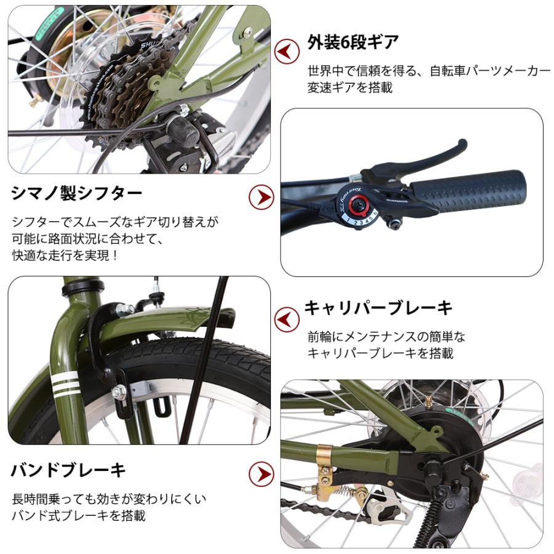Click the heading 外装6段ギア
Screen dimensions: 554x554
tap(353, 42)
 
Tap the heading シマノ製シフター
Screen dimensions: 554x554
tap(77, 193)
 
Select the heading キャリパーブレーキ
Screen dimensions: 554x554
tap(379, 307)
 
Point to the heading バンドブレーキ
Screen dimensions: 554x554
tap(68, 470)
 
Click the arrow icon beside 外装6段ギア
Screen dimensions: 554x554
tap(287, 52)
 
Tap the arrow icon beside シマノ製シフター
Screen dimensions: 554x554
tap(261, 198)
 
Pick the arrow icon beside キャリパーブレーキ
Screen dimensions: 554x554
tap(287, 319)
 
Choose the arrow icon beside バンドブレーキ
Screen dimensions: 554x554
tap(261, 475)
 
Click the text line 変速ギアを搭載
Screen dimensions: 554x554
tap(350, 87)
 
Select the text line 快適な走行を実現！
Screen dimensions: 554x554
tap(65, 255)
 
